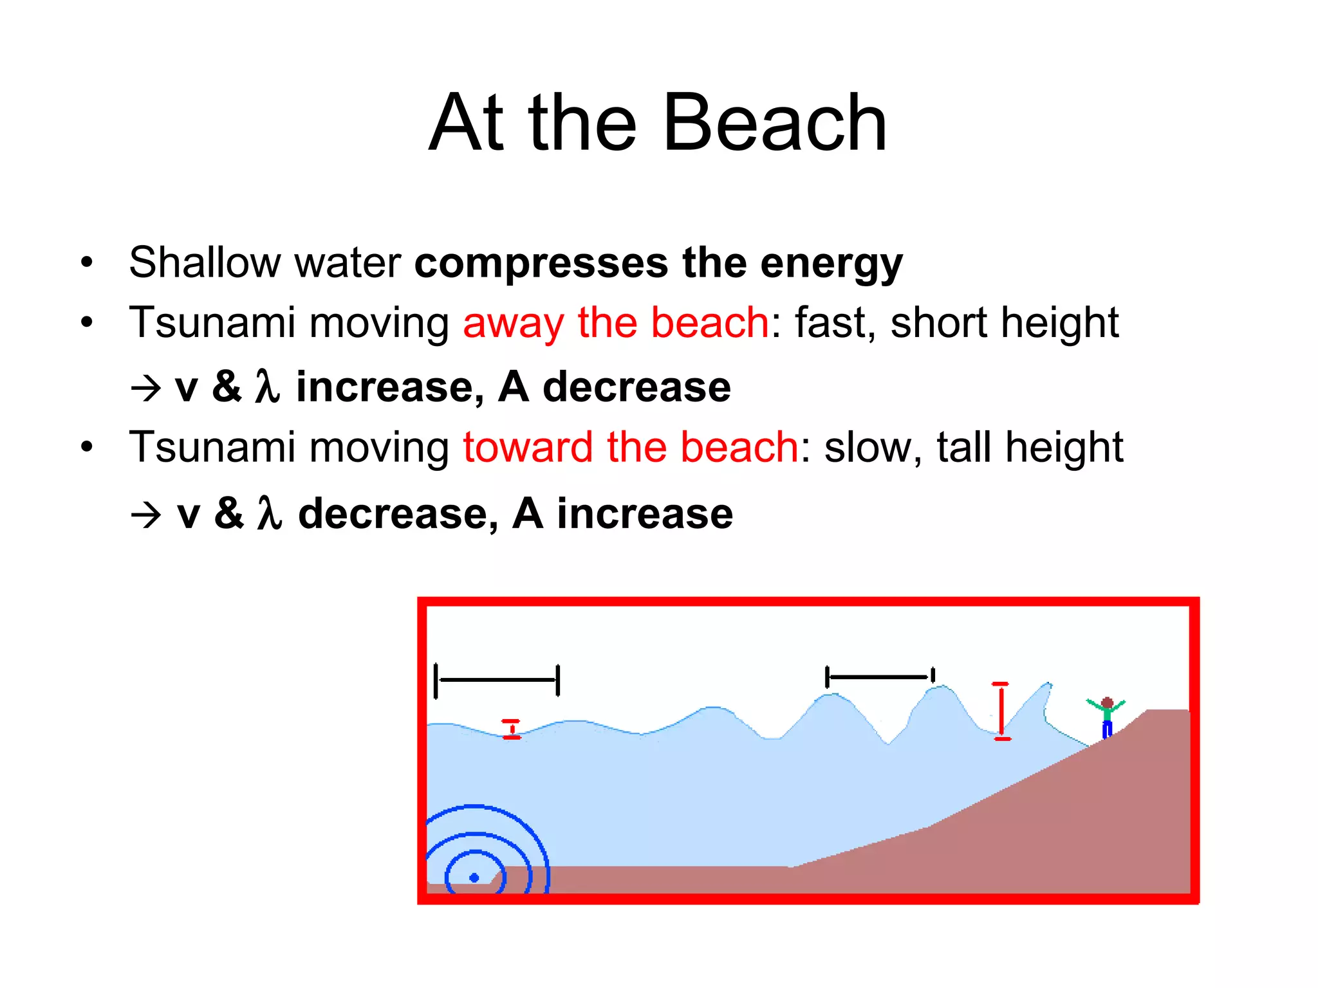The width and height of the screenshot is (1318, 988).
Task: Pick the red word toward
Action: [528, 448]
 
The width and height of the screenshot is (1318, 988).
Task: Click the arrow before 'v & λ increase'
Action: [146, 388]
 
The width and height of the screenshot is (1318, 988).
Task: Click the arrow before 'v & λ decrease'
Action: [146, 515]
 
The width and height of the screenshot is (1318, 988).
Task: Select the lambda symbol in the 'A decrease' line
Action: [268, 387]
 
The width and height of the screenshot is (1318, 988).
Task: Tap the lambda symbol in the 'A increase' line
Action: [270, 513]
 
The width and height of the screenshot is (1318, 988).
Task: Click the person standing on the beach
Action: [1106, 717]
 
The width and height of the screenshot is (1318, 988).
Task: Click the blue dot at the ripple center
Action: [474, 877]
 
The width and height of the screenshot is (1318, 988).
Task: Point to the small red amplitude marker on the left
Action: [512, 729]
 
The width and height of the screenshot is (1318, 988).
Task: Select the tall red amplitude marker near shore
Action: [1001, 711]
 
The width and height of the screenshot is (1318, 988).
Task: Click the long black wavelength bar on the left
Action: [497, 680]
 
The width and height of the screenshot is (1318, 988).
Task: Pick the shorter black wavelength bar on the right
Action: [880, 677]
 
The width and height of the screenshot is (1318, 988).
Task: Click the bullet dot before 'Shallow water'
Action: [87, 262]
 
